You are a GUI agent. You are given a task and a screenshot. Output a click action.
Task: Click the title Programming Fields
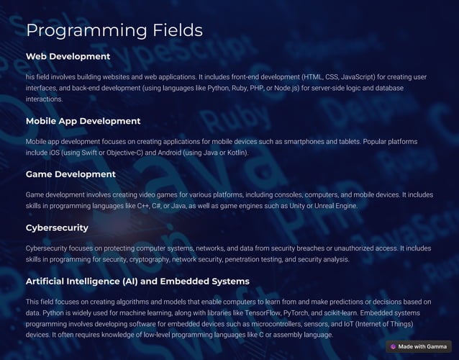[114, 30]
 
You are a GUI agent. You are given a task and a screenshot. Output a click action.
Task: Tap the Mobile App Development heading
[83, 121]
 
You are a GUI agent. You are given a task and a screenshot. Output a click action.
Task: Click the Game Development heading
[71, 174]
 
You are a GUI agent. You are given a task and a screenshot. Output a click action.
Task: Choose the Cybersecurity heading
[57, 228]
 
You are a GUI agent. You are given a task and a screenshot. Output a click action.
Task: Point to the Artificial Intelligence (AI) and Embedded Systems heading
[137, 281]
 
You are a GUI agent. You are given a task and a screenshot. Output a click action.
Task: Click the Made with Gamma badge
[418, 346]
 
